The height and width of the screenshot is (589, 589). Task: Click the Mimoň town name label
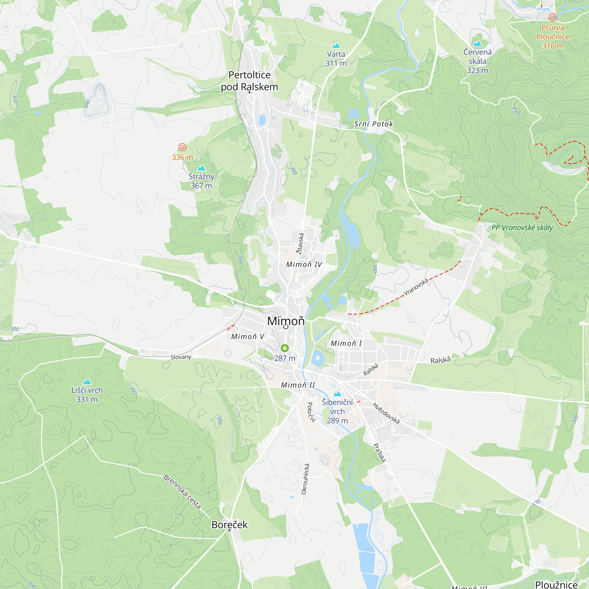(286, 321)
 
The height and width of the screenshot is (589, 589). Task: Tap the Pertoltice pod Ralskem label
(249, 81)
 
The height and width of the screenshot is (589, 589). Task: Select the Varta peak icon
(336, 46)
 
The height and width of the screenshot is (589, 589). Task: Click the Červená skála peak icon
(477, 43)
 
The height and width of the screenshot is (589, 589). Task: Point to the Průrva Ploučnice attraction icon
(553, 17)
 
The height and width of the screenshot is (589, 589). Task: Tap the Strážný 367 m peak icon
(201, 168)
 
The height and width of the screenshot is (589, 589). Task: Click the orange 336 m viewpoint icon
(182, 147)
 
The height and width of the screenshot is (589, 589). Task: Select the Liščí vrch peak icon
(87, 382)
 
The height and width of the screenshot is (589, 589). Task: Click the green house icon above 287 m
(285, 348)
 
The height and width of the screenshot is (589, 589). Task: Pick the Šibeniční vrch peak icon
(337, 393)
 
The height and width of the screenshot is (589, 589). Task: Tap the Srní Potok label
(373, 124)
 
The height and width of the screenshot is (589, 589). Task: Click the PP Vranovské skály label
(522, 228)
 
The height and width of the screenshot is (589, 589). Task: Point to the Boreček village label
(230, 525)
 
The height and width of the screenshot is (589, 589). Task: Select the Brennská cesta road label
(182, 492)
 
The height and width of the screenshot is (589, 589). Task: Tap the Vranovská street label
(416, 287)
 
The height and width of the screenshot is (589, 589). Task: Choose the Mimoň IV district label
(304, 265)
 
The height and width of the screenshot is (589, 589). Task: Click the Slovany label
(181, 357)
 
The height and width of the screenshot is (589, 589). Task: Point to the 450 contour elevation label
(516, 110)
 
